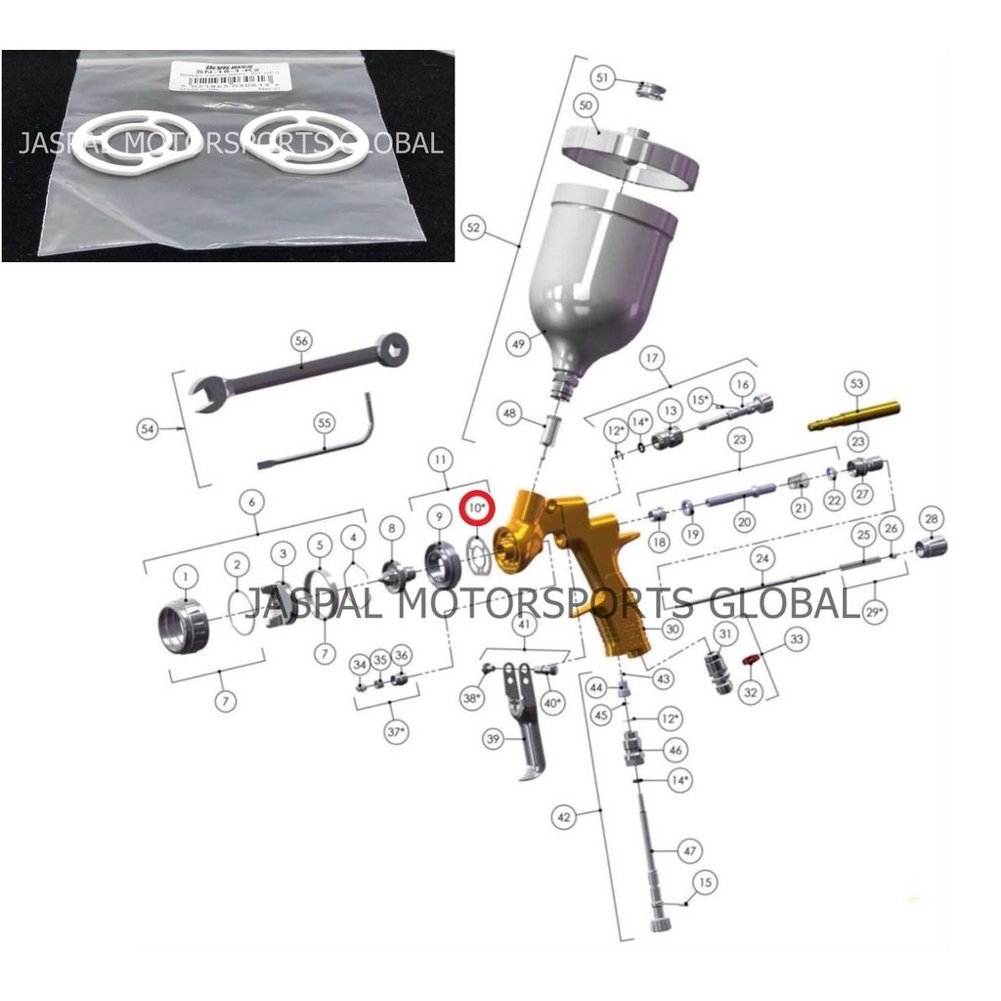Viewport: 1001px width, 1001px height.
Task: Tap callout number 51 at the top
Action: click(602, 77)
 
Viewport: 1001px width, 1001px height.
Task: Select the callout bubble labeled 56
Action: click(300, 342)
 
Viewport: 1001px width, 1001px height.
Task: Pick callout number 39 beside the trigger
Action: click(493, 740)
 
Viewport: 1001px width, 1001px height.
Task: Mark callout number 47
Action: click(690, 851)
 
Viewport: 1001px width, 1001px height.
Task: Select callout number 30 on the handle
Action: click(672, 630)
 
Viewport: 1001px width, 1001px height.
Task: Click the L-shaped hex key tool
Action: click(323, 446)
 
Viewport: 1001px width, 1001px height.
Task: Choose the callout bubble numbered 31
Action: click(724, 633)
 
